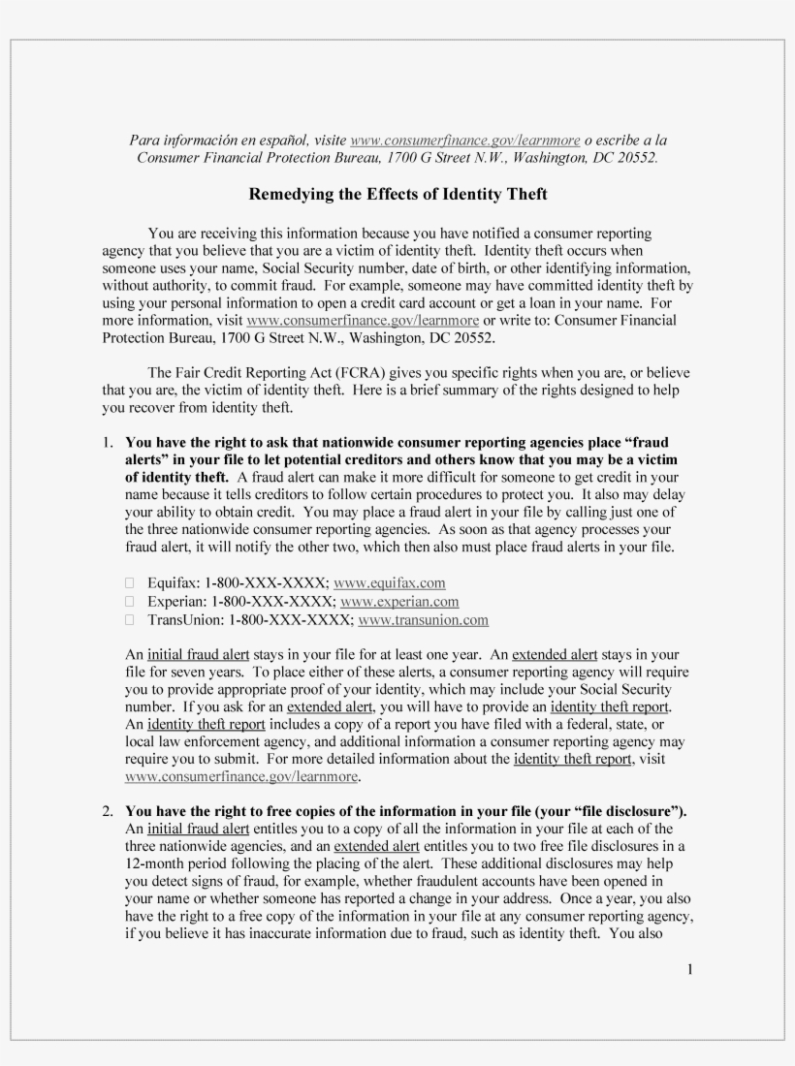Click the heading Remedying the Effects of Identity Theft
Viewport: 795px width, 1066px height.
pos(397,195)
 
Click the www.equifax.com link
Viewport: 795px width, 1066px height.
pos(389,582)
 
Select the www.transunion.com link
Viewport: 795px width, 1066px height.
pos(423,619)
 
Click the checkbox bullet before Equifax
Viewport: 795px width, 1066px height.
pos(131,583)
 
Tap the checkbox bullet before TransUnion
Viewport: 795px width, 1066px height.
pos(131,620)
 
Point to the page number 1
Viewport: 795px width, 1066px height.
pos(689,970)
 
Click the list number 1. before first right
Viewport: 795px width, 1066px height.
pos(110,441)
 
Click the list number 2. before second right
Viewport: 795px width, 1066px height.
pos(110,810)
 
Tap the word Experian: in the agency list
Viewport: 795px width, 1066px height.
pos(178,601)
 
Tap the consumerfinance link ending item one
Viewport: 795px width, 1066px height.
pos(242,777)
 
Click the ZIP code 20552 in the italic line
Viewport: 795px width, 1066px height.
pos(634,157)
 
